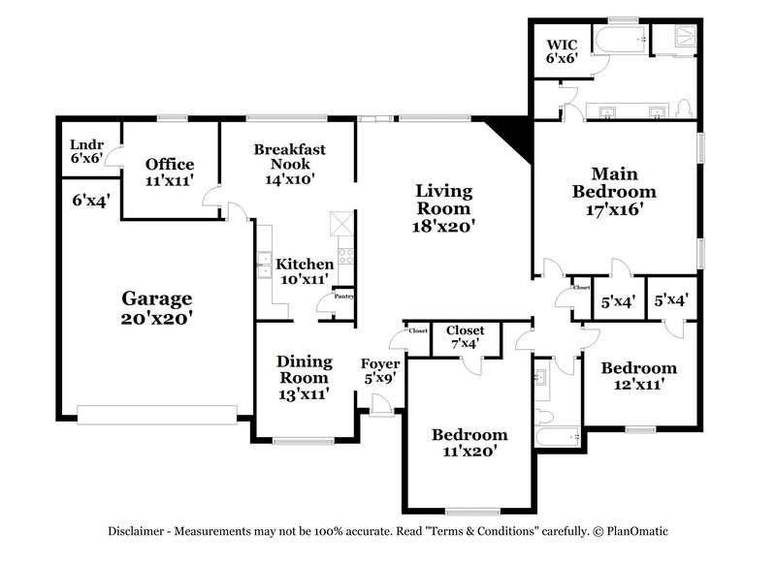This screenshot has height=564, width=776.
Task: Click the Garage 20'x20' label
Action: (156, 307)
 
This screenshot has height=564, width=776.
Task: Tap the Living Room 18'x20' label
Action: (443, 208)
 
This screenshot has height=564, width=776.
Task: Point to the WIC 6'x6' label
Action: (562, 51)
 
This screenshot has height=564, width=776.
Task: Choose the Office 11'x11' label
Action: (170, 172)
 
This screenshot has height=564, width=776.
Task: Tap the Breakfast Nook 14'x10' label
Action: (289, 164)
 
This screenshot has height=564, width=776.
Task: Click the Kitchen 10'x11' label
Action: (305, 271)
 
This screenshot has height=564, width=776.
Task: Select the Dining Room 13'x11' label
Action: (305, 377)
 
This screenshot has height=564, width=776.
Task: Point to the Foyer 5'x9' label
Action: (380, 372)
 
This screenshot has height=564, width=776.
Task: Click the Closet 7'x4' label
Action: (466, 336)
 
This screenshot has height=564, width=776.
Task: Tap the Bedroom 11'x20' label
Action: (469, 442)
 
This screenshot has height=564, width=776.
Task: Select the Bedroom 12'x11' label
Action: (638, 375)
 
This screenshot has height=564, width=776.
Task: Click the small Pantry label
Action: (343, 297)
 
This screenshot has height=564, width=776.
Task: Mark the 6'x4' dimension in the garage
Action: (90, 200)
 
